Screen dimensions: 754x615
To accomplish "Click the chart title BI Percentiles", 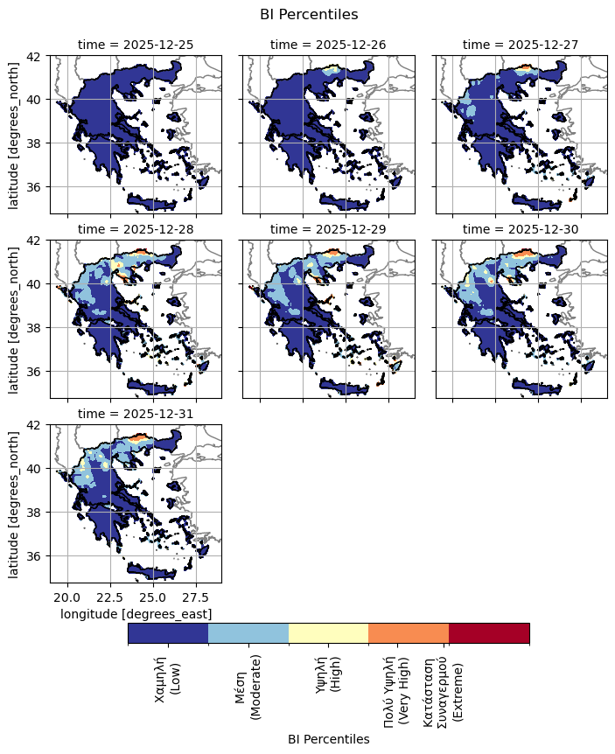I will click(309, 14).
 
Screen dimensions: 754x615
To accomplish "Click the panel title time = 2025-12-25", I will click(136, 44).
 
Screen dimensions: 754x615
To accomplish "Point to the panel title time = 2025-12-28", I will click(136, 228).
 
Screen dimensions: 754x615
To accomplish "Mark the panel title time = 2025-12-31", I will click(136, 413).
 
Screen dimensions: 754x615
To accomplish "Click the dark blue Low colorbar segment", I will click(168, 632).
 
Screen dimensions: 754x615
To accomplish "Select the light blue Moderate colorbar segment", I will click(248, 632).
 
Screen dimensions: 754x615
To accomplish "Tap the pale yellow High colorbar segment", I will click(328, 632).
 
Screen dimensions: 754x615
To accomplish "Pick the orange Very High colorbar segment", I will click(409, 632).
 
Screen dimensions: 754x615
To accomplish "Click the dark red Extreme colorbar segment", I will click(489, 632).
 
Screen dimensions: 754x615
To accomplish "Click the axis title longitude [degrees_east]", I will click(136, 614).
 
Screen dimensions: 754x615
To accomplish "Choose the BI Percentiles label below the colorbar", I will click(328, 739).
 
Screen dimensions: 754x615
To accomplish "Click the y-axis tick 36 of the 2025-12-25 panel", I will click(37, 187).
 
